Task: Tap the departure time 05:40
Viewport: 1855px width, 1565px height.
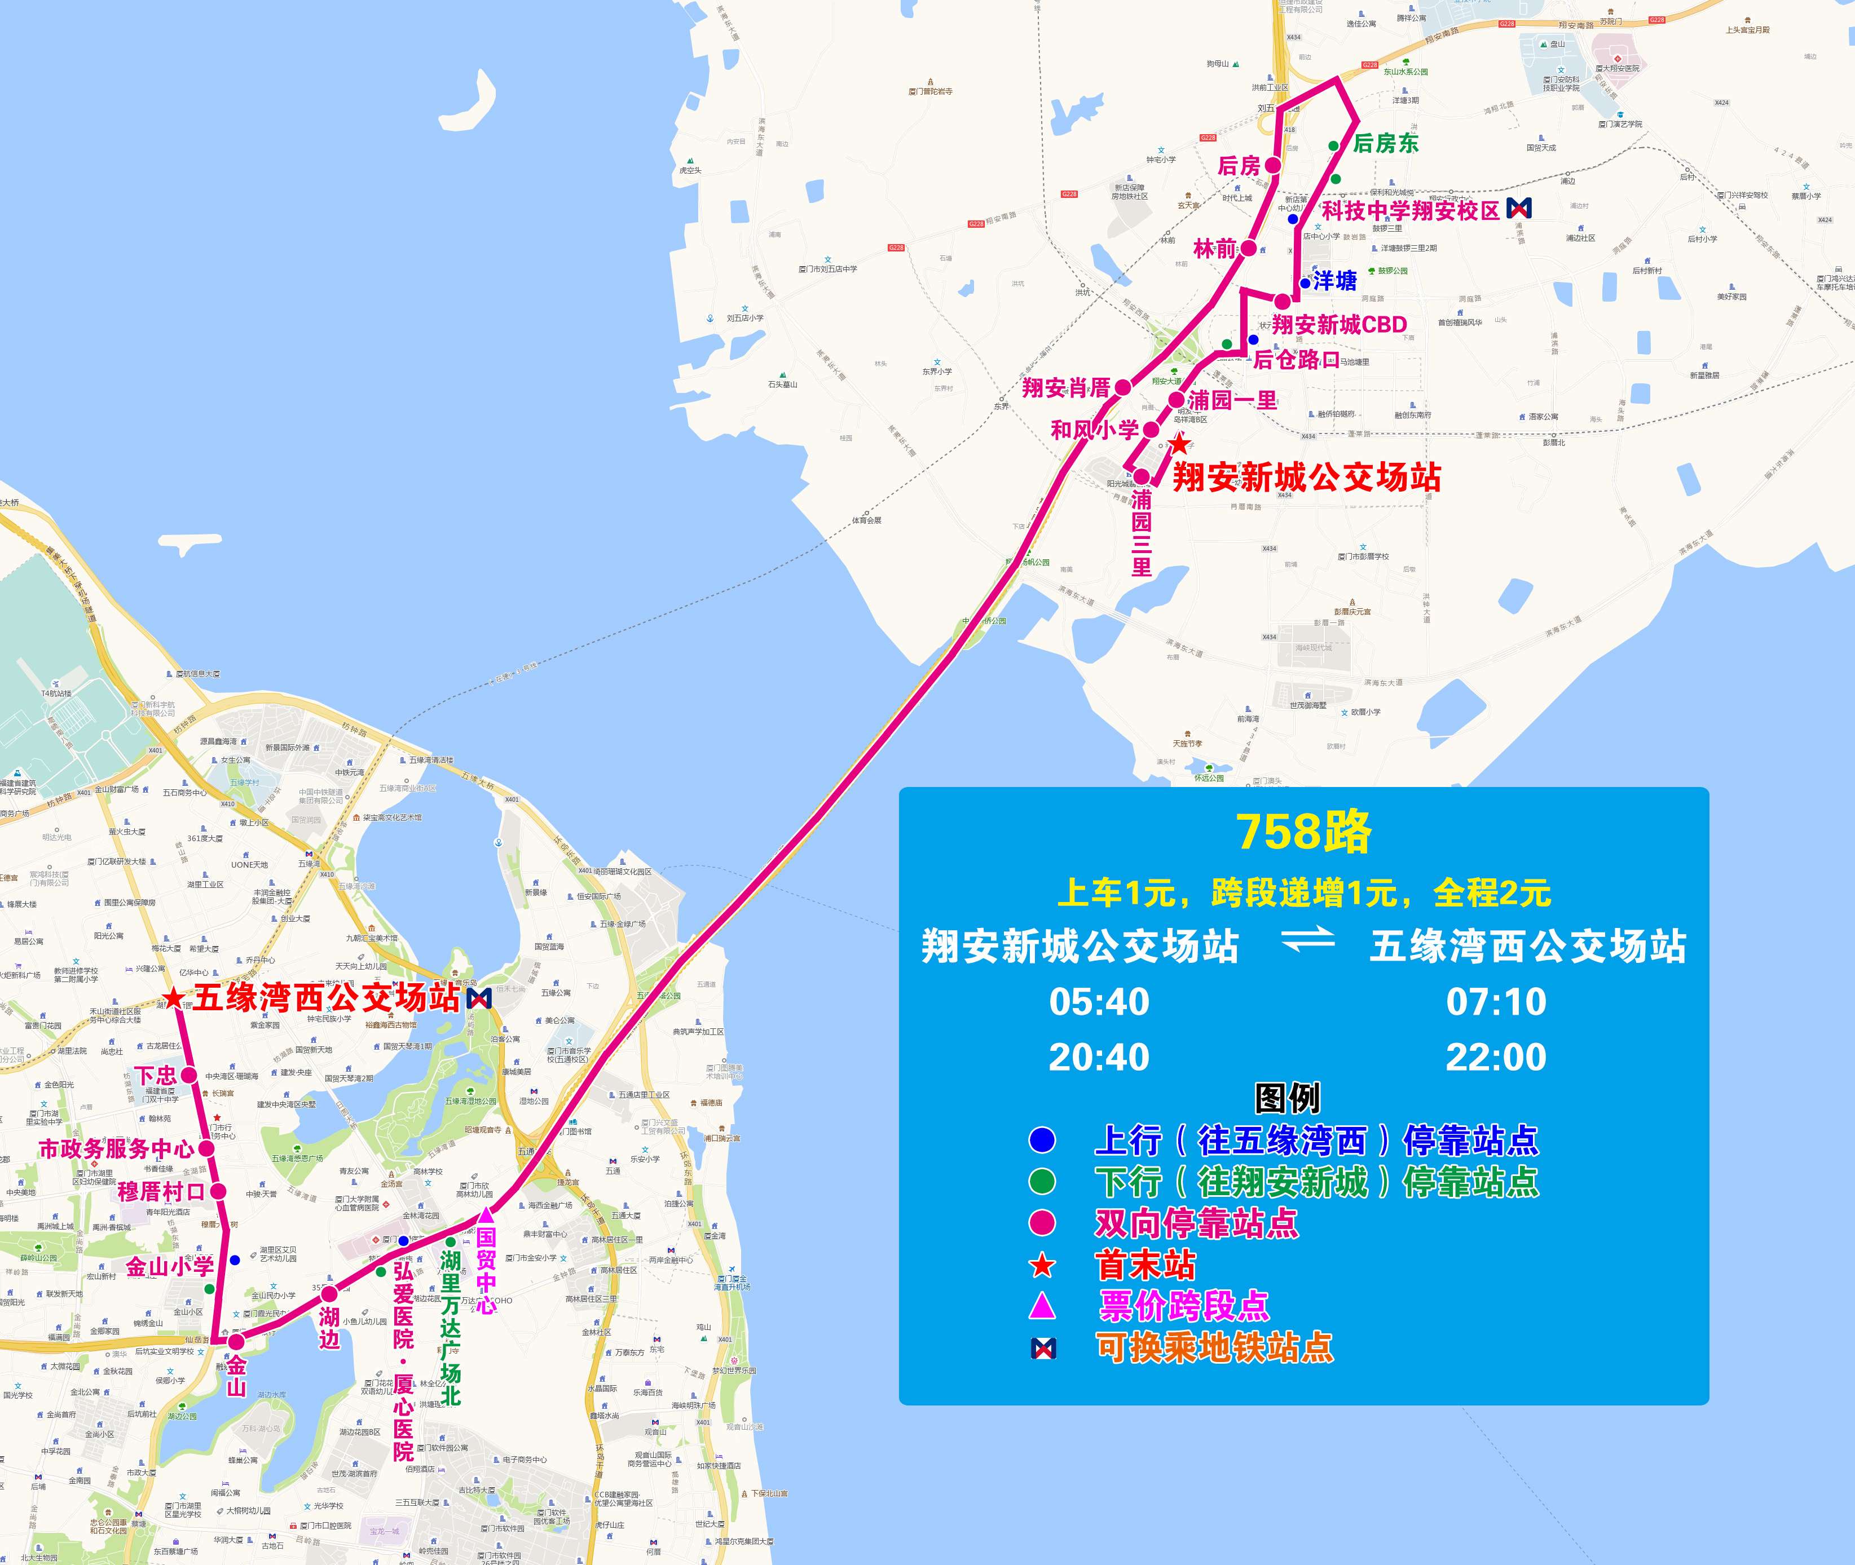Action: (1099, 1002)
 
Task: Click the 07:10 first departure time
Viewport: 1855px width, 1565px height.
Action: (1496, 1002)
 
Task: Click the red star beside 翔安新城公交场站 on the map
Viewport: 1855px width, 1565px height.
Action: (1179, 444)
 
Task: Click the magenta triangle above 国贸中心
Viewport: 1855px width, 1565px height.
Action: (486, 1214)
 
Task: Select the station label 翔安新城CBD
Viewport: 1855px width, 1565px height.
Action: (1340, 325)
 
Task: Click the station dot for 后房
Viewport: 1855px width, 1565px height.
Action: (1273, 165)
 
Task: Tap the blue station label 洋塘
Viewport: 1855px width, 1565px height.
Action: (1335, 281)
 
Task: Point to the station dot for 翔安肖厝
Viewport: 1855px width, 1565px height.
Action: (1123, 387)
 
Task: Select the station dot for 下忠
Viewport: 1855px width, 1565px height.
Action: (189, 1075)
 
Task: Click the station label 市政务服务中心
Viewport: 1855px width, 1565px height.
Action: (116, 1149)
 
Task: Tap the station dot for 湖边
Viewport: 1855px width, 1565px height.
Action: (329, 1294)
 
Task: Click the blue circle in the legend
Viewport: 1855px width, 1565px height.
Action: (1042, 1140)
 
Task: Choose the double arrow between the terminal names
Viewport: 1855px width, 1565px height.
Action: (1307, 939)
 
